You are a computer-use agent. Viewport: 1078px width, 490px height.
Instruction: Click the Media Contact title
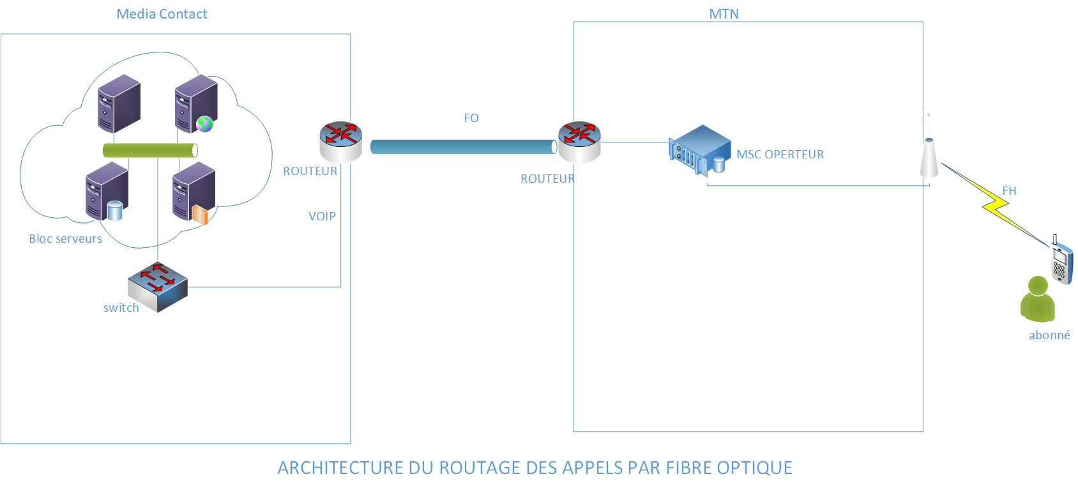tap(162, 14)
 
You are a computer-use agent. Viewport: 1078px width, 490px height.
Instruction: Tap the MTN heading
tap(724, 14)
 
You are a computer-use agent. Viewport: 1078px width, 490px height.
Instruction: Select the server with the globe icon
tap(196, 103)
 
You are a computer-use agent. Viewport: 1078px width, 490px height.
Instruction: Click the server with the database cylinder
tap(107, 191)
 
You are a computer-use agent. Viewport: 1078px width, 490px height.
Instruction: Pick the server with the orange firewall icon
tap(194, 192)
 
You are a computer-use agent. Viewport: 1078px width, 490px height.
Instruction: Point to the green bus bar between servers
tap(150, 150)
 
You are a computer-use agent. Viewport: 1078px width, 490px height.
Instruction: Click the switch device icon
tap(157, 287)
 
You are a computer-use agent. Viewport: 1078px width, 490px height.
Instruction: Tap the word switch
tap(121, 308)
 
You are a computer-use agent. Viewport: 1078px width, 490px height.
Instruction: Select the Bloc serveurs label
tap(65, 239)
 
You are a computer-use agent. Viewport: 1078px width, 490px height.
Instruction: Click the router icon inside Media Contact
tap(340, 141)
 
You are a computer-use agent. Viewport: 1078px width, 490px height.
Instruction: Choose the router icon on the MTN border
tap(579, 141)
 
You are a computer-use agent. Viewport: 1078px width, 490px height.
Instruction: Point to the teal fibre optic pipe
tap(463, 147)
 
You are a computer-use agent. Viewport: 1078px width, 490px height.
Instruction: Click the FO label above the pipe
tap(471, 118)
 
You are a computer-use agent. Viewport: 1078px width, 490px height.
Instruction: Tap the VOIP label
tap(322, 217)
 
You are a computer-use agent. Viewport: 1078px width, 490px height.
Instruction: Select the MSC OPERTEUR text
tap(780, 155)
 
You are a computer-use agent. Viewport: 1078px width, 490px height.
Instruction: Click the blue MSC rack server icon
tap(700, 149)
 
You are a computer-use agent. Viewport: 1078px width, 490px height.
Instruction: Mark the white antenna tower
tap(929, 158)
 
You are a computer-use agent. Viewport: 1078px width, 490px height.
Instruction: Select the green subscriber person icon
tap(1038, 300)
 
